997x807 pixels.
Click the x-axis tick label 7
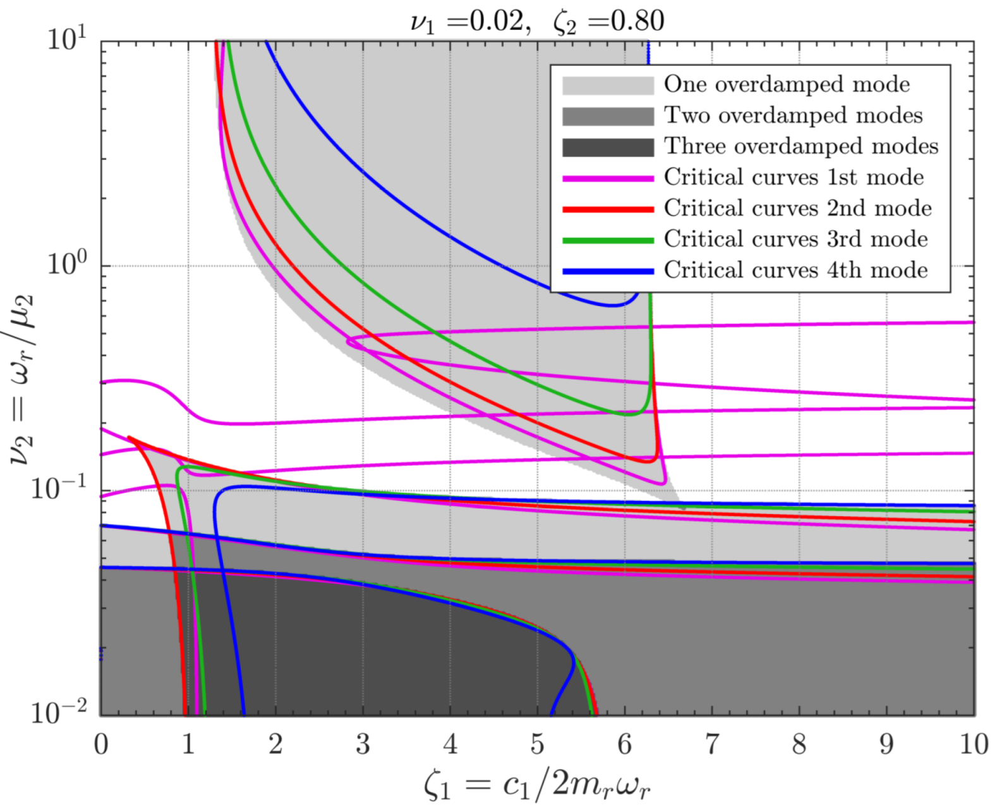tap(712, 744)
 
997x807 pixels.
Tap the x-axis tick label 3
tap(363, 744)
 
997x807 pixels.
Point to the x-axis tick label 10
tap(974, 744)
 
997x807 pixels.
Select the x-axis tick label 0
tap(101, 744)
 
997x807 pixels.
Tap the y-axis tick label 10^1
tap(66, 39)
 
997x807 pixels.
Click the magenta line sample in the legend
tap(608, 179)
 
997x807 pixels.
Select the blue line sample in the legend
tap(608, 271)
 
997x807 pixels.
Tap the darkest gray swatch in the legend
tap(608, 147)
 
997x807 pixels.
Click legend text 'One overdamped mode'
tap(787, 84)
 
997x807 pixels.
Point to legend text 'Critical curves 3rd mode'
tap(795, 239)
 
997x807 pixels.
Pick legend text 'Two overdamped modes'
tap(793, 115)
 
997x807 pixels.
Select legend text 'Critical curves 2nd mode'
tap(797, 208)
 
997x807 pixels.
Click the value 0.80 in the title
tap(637, 21)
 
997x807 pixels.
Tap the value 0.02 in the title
tap(497, 21)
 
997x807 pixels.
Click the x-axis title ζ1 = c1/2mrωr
tap(537, 785)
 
